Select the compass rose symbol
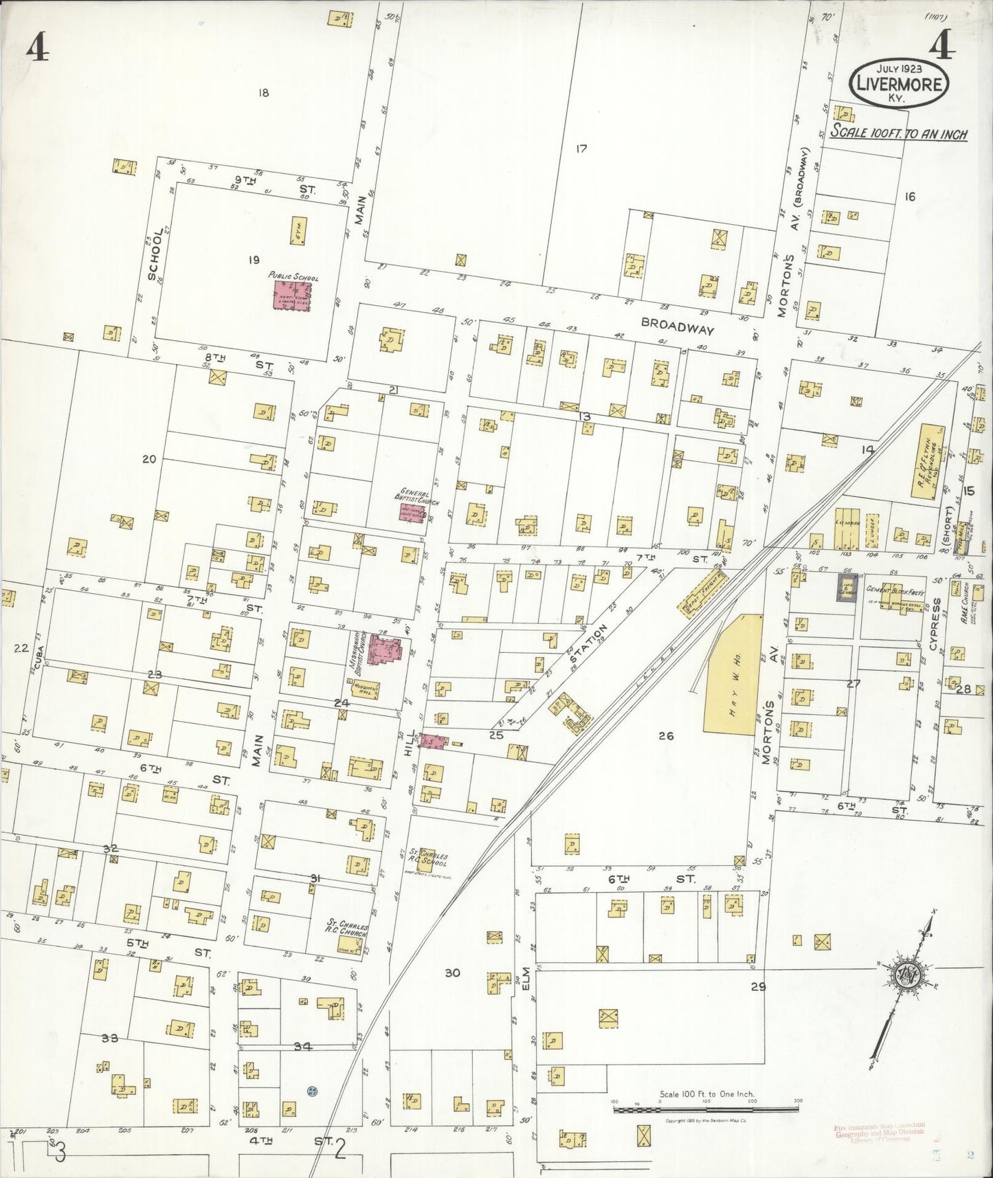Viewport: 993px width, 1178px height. point(905,975)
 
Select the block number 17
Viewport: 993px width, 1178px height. point(581,148)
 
